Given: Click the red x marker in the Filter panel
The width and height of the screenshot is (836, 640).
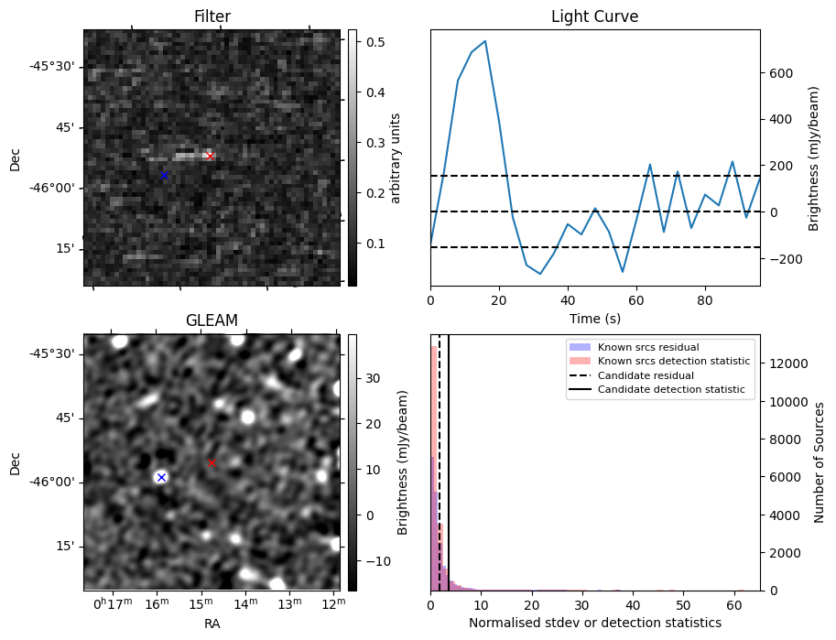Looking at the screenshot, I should (210, 157).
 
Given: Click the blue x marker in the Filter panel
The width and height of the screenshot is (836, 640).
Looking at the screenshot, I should (164, 175).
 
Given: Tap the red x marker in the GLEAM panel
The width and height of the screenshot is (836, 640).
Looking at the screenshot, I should (212, 463).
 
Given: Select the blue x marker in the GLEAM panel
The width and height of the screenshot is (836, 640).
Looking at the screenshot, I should (161, 477).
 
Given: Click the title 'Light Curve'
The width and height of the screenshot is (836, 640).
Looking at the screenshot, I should (594, 16).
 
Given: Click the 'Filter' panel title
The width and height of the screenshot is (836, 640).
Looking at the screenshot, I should (212, 16).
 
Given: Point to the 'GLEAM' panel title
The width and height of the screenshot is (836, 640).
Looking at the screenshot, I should (212, 320).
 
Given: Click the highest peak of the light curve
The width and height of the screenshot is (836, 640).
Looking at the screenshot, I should (484, 41).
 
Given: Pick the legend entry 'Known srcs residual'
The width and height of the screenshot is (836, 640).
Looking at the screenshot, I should (648, 347).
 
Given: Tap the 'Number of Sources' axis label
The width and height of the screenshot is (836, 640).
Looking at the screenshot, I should (820, 461).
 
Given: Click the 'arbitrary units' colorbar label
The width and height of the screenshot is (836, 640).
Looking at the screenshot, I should (396, 157).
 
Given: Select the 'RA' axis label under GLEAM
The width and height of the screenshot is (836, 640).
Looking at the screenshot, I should (212, 624).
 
